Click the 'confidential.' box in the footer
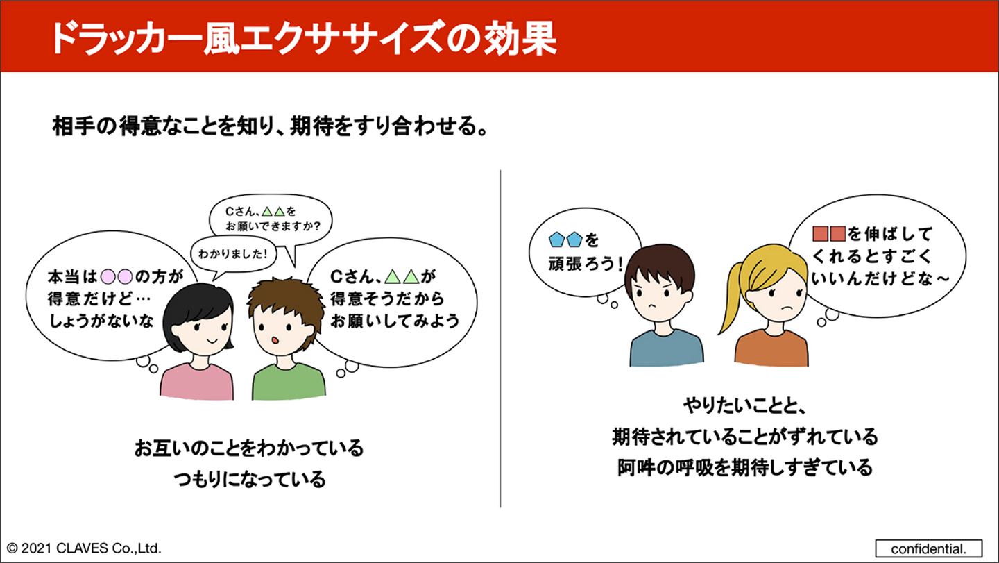(928, 548)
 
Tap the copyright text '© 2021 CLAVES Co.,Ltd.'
(84, 548)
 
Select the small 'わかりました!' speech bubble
(233, 254)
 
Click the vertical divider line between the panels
(500, 338)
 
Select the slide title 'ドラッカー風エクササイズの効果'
(304, 39)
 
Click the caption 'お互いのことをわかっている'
(249, 448)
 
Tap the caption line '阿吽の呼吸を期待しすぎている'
(745, 467)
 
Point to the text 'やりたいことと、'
(744, 406)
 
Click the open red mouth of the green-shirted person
(275, 340)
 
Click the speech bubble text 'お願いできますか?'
(273, 226)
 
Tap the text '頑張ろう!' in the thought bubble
(586, 264)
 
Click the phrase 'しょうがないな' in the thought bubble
(101, 321)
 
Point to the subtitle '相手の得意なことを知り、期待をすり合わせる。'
(270, 126)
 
